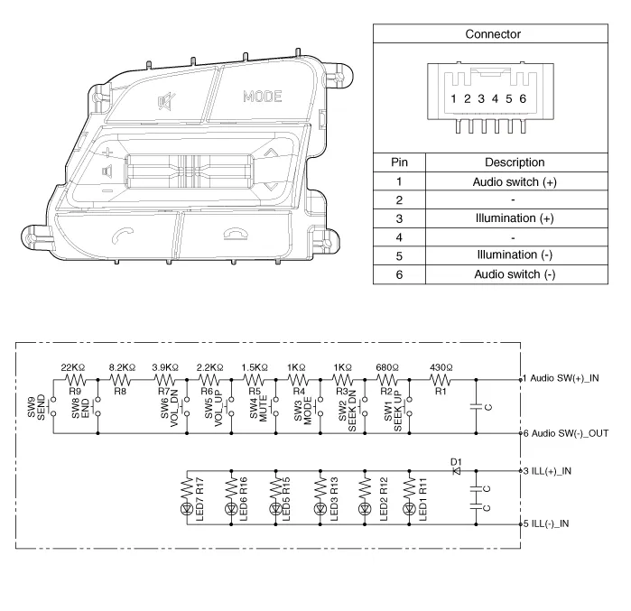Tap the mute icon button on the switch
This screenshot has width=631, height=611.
pyautogui.click(x=166, y=101)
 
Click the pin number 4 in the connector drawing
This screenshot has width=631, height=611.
pyautogui.click(x=495, y=98)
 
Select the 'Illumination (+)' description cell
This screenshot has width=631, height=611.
pyautogui.click(x=515, y=218)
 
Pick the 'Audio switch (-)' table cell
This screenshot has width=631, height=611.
pyautogui.click(x=515, y=274)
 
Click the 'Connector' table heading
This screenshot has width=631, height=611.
pyautogui.click(x=493, y=34)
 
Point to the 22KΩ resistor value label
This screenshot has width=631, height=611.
pyautogui.click(x=73, y=367)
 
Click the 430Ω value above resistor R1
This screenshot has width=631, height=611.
pyautogui.click(x=441, y=367)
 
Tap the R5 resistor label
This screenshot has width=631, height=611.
pyautogui.click(x=255, y=391)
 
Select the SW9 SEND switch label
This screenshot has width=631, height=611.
pyautogui.click(x=36, y=407)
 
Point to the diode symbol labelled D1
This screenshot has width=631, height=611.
pyautogui.click(x=457, y=470)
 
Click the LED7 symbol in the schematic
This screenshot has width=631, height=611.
pyautogui.click(x=187, y=509)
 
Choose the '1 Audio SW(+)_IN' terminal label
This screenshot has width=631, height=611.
pyautogui.click(x=561, y=378)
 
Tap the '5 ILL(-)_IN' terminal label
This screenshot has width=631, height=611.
pyautogui.click(x=546, y=523)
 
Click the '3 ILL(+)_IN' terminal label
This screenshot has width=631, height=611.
pyautogui.click(x=547, y=471)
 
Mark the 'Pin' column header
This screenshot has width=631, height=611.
pyautogui.click(x=399, y=162)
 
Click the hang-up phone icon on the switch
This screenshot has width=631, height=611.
pyautogui.click(x=236, y=235)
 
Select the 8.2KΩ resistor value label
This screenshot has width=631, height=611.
pyautogui.click(x=123, y=367)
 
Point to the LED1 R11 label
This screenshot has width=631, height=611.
pyautogui.click(x=422, y=499)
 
